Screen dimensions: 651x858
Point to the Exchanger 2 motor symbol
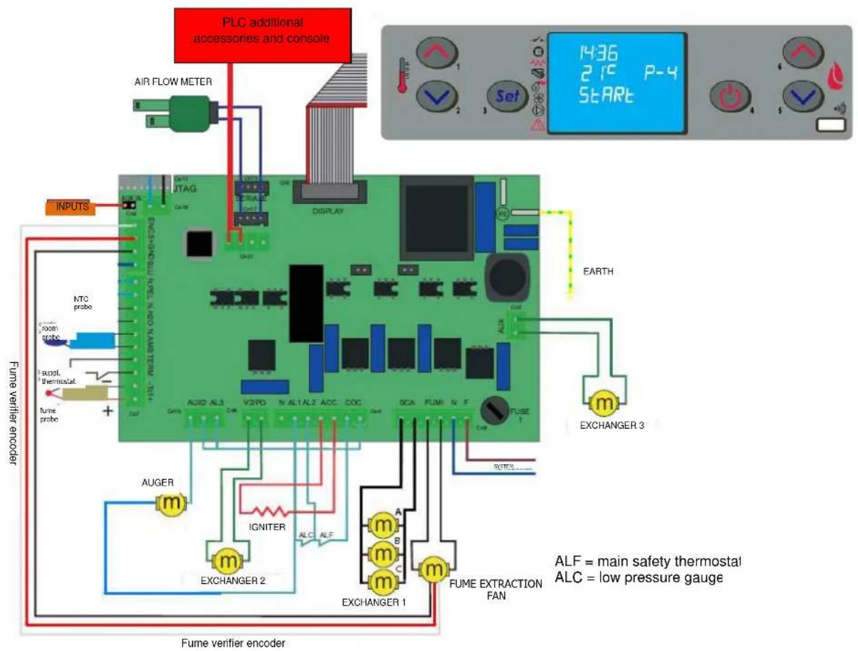[x=225, y=562]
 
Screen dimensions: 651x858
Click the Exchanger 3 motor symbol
[x=603, y=404]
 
